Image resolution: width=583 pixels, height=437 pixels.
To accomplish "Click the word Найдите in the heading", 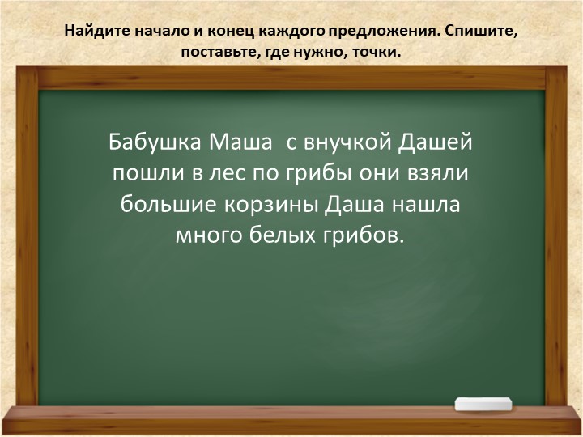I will (93, 33).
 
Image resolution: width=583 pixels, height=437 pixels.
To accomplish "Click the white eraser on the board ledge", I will (484, 402).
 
